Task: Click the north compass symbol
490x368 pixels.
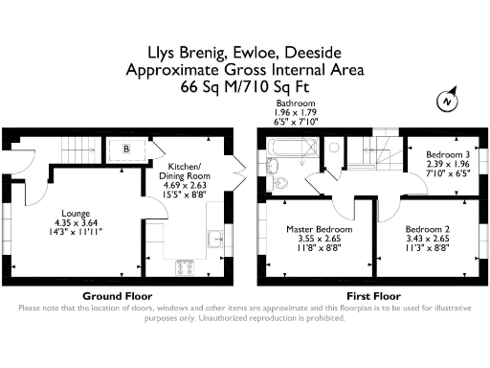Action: [446, 101]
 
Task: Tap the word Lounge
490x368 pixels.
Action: [76, 213]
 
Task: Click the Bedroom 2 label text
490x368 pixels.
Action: [427, 229]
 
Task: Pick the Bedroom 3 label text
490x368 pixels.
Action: [432, 154]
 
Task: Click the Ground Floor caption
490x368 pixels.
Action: [119, 295]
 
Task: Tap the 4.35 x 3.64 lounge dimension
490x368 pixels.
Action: [76, 222]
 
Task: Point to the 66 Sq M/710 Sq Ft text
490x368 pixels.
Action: [245, 86]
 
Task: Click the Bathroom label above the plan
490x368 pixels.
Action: [296, 103]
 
